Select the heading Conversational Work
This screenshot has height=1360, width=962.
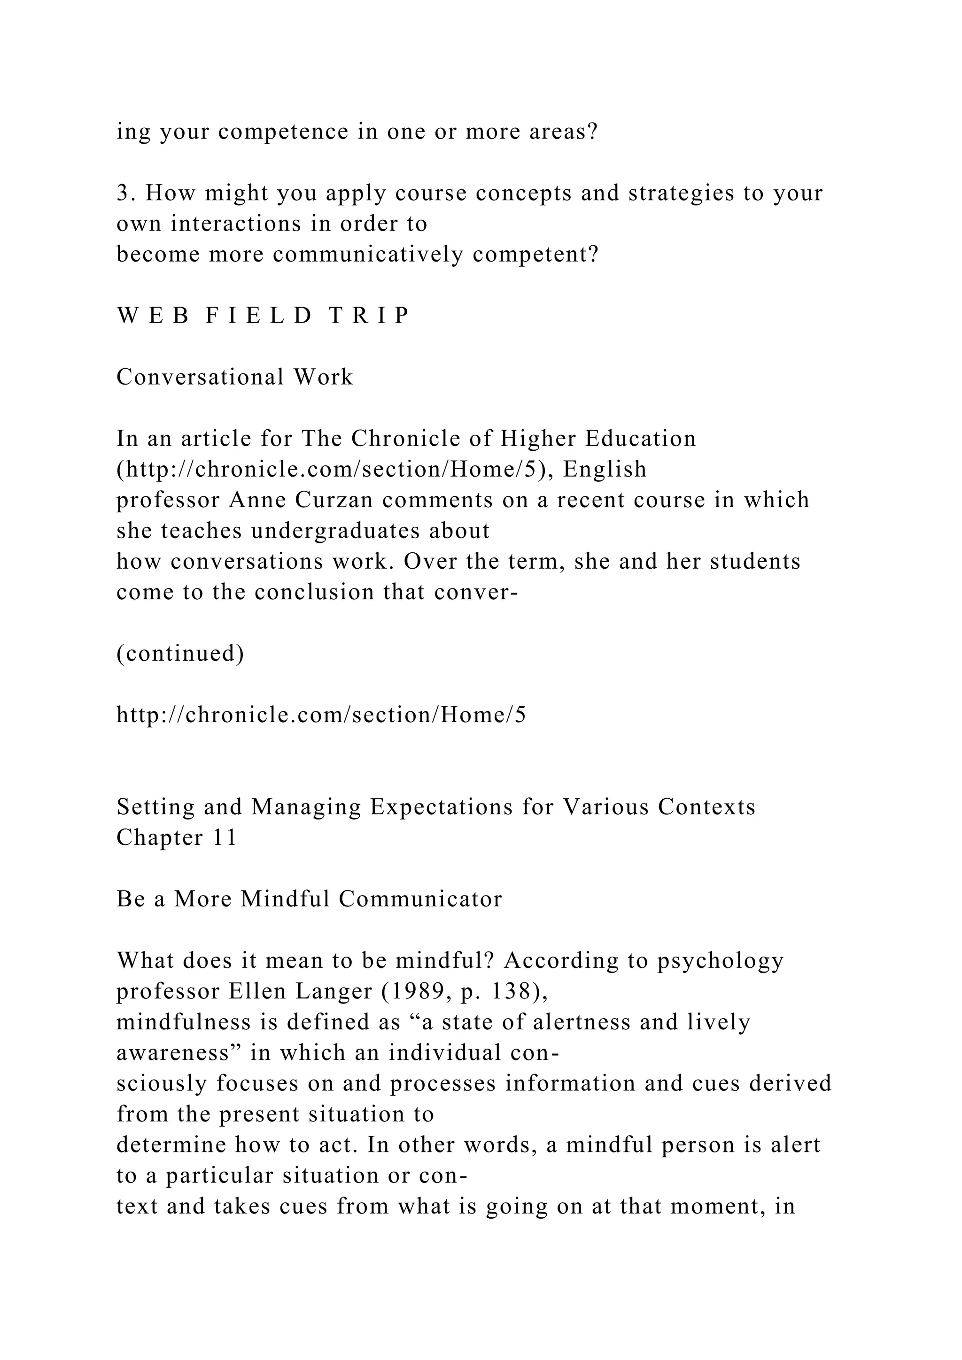[x=234, y=377]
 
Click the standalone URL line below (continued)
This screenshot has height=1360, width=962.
[x=321, y=716]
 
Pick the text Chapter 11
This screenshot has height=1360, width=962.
[x=177, y=838]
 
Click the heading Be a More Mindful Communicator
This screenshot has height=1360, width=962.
[x=309, y=900]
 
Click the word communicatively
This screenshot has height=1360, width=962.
[x=368, y=255]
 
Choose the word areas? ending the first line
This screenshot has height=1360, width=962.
[x=563, y=131]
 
